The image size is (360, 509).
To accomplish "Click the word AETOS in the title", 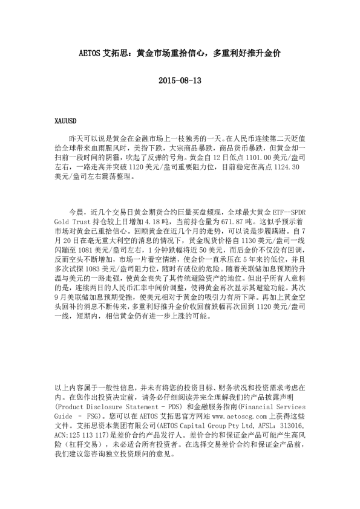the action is [90, 53].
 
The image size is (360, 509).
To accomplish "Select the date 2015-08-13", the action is [180, 80].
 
